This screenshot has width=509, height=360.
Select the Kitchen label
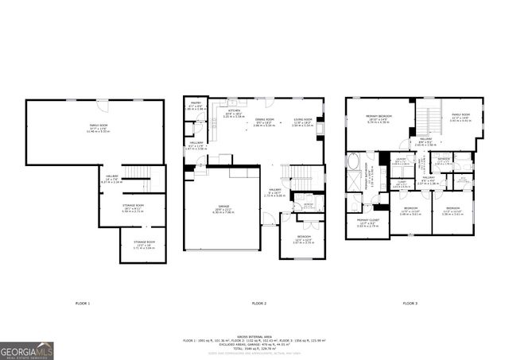(235, 113)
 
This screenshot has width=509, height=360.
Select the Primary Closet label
(367, 224)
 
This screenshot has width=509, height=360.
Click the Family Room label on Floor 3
(460, 119)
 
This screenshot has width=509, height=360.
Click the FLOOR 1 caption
(83, 304)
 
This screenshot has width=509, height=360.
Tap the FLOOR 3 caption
(410, 304)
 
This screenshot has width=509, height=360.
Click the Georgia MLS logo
(27, 350)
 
